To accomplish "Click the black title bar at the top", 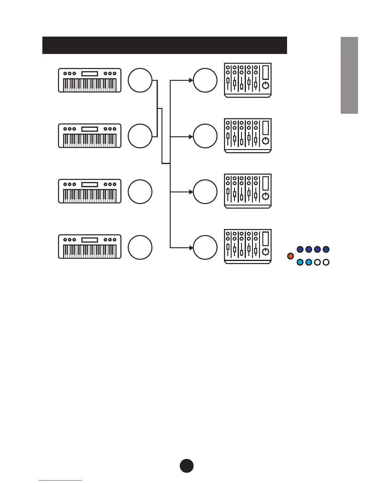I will [165, 45].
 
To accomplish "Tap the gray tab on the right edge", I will [349, 75].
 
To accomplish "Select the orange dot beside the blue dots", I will [290, 256].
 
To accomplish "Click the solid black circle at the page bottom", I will [187, 466].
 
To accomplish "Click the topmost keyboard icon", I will [90, 80].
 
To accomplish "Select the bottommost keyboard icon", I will [90, 247].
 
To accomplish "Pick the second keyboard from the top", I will [90, 136].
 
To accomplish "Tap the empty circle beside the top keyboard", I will [140, 80].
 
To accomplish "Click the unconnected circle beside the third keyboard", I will [140, 191].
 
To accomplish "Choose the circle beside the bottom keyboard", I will [140, 247].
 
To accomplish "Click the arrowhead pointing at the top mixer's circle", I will [191, 80].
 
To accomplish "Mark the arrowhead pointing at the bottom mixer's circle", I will [191, 247].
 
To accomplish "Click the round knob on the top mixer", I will [266, 85].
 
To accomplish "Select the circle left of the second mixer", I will [205, 136].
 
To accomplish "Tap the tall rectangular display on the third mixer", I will [266, 183].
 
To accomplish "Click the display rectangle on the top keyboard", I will [90, 73].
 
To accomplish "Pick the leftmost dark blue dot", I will [300, 249].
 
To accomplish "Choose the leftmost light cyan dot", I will [300, 262].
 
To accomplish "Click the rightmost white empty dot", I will [326, 262].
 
